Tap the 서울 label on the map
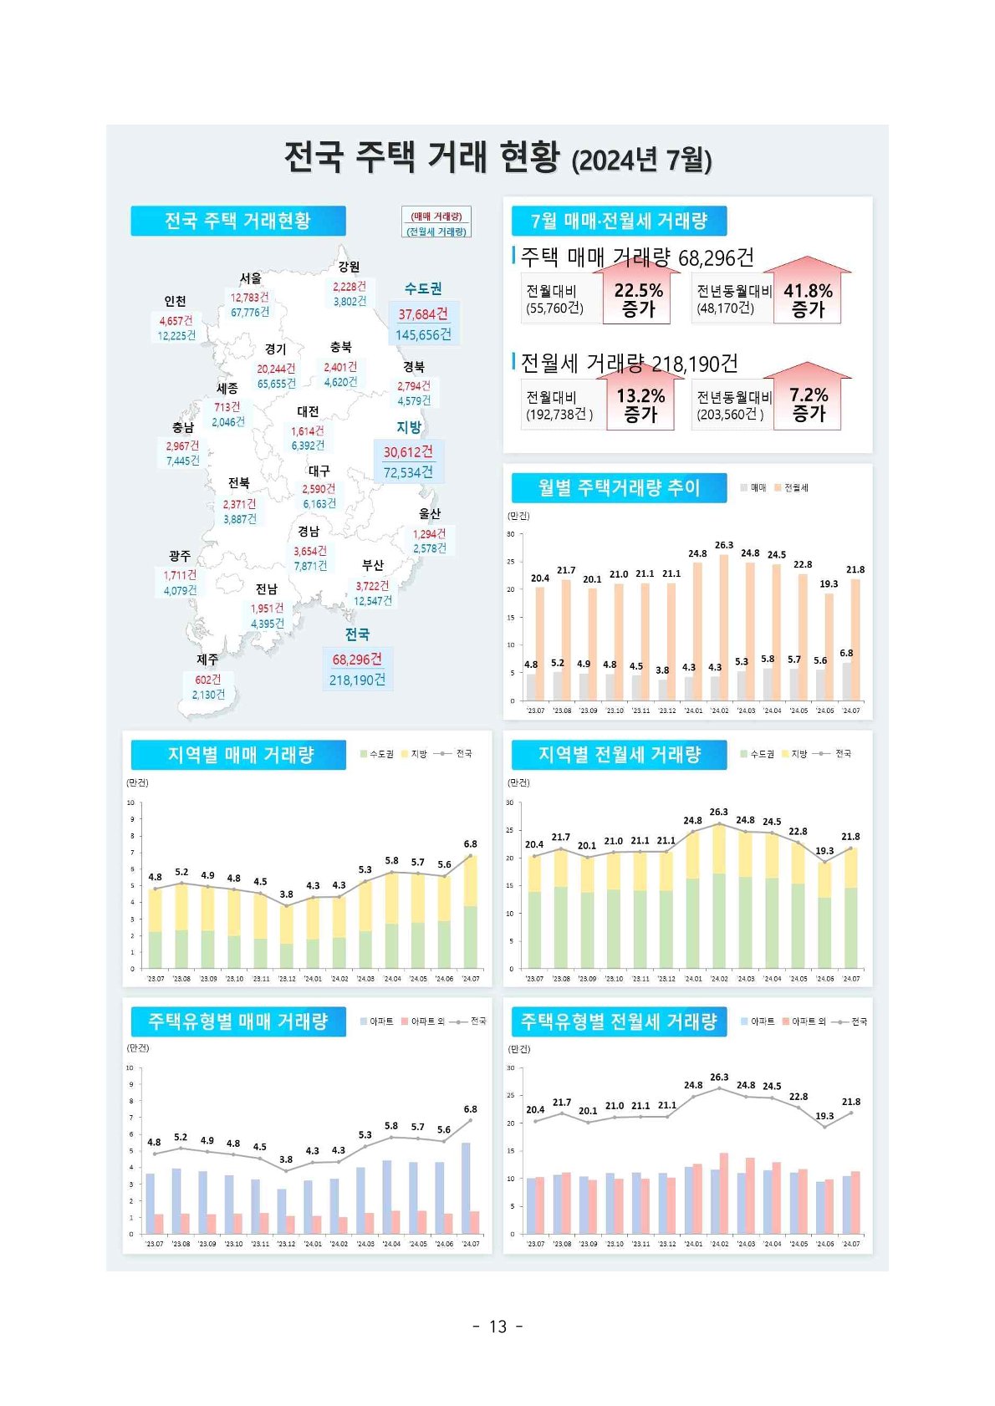tap(251, 278)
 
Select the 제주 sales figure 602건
tap(208, 680)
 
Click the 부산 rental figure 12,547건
tap(373, 601)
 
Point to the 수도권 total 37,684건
tap(423, 314)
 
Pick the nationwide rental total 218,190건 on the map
tap(357, 680)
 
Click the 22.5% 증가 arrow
tap(639, 298)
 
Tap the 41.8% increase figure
tap(808, 291)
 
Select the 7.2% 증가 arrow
tap(809, 404)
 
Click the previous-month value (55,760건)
tap(554, 308)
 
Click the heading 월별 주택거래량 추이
tap(619, 487)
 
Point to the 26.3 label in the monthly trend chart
tap(724, 545)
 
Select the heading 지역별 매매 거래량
tap(240, 755)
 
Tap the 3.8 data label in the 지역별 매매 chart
tap(287, 894)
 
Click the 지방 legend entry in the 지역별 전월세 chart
tap(795, 754)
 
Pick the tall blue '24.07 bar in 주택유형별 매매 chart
tap(466, 1187)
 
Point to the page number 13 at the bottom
tap(497, 1327)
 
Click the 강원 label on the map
tap(350, 267)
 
